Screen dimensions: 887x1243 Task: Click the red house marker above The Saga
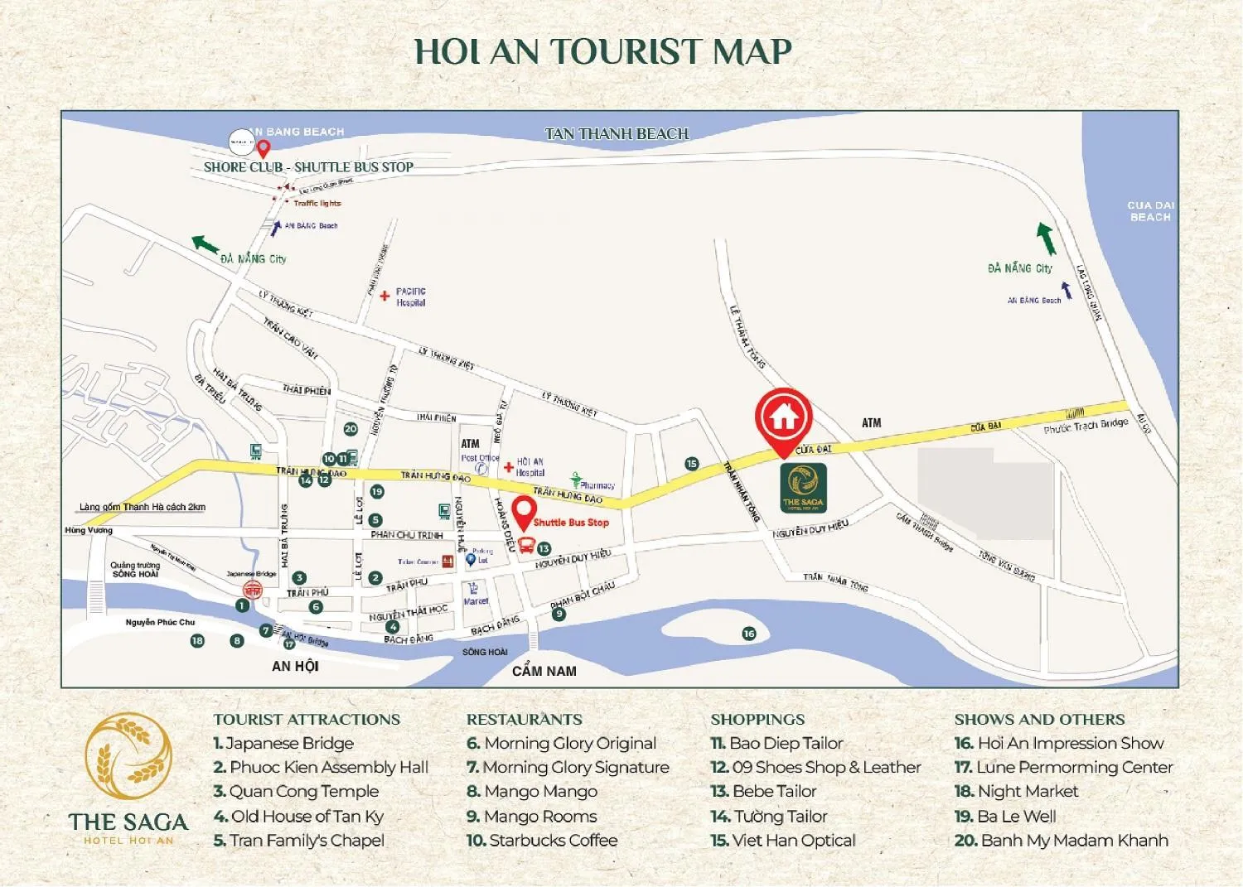pyautogui.click(x=783, y=418)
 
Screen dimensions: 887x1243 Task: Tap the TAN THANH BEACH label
pyautogui.click(x=617, y=134)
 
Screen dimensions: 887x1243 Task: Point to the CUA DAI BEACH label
pyautogui.click(x=1150, y=211)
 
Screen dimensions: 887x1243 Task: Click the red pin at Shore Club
pyautogui.click(x=264, y=148)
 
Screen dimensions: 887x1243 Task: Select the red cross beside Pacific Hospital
pyautogui.click(x=385, y=296)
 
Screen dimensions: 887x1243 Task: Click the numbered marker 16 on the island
pyautogui.click(x=749, y=634)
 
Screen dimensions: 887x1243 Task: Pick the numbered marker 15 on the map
pyautogui.click(x=692, y=464)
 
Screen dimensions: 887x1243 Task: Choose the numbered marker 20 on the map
pyautogui.click(x=351, y=429)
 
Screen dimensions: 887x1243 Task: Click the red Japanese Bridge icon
pyautogui.click(x=252, y=590)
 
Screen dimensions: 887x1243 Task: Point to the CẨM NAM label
pyautogui.click(x=544, y=671)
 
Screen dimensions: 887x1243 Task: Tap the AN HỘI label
pyautogui.click(x=295, y=666)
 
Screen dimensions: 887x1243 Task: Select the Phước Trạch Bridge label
pyautogui.click(x=1086, y=427)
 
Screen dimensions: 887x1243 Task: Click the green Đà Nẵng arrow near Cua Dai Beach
pyautogui.click(x=1046, y=239)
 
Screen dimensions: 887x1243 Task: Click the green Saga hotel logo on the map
pyautogui.click(x=803, y=487)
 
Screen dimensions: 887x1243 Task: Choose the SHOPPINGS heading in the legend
pyautogui.click(x=757, y=720)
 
